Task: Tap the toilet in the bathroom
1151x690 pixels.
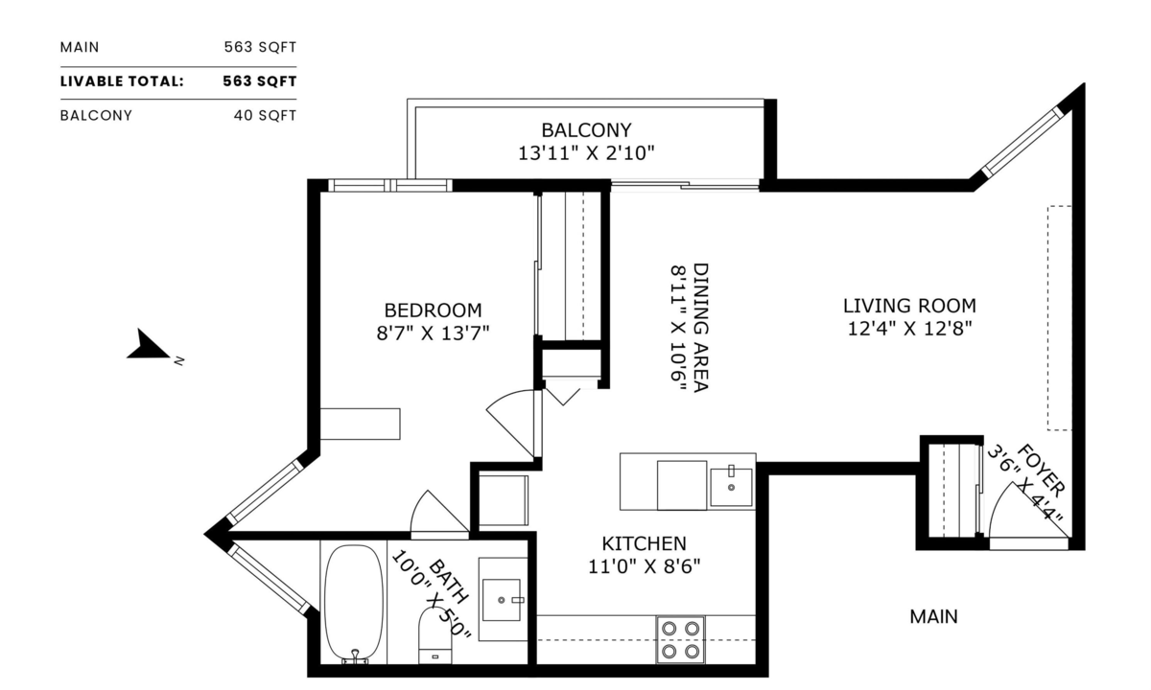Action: [437, 636]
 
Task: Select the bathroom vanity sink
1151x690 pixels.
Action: [502, 599]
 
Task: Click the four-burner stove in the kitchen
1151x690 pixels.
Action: [680, 640]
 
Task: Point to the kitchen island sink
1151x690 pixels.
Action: [732, 485]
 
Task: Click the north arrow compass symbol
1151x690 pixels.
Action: [148, 346]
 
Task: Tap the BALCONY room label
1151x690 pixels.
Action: [586, 129]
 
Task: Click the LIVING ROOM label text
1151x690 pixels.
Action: [909, 307]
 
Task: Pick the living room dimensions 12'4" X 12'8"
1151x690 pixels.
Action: [909, 330]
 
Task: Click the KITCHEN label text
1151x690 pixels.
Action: [644, 543]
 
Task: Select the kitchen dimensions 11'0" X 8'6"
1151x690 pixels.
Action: [644, 565]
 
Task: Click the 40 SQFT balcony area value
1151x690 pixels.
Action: [265, 115]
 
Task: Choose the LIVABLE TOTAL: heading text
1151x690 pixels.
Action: [122, 81]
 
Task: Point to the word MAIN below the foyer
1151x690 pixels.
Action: [933, 617]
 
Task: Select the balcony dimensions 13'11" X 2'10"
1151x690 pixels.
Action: [586, 152]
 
